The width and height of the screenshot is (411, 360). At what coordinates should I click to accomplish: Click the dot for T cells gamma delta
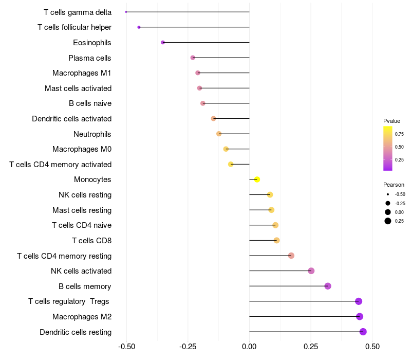click(126, 12)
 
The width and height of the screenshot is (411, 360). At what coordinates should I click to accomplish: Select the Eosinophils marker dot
click(163, 42)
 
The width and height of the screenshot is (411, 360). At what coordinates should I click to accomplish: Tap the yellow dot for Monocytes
click(257, 179)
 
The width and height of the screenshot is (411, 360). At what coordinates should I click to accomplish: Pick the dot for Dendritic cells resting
click(363, 332)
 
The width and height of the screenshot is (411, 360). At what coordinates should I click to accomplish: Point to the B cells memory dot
click(328, 286)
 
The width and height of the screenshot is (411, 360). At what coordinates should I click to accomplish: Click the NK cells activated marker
click(311, 271)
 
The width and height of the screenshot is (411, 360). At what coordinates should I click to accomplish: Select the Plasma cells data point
click(193, 58)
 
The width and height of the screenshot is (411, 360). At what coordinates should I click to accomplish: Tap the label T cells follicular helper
click(74, 27)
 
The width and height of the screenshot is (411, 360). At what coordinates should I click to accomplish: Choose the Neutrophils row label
click(92, 134)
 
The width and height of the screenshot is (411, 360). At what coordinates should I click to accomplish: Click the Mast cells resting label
click(82, 210)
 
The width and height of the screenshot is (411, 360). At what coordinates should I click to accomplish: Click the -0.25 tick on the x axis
click(188, 347)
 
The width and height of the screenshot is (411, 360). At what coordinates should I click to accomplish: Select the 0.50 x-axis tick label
click(372, 347)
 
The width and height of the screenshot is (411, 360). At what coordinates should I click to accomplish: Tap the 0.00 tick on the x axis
click(249, 347)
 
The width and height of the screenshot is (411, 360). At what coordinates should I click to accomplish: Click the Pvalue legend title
click(391, 121)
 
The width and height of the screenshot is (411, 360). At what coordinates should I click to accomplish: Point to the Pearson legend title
click(394, 185)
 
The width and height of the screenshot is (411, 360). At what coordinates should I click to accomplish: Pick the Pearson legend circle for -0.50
click(387, 194)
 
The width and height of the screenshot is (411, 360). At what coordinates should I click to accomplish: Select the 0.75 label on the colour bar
click(399, 134)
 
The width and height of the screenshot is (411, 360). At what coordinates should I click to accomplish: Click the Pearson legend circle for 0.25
click(387, 221)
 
